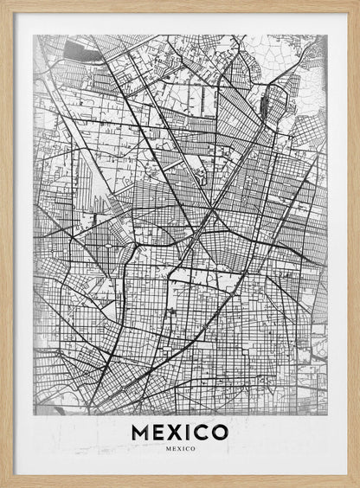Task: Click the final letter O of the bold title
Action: pos(221,431)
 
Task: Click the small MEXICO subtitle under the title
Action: pos(180,448)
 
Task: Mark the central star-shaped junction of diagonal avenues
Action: pos(211,209)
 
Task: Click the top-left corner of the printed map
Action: pos(33,35)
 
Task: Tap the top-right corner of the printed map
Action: pos(327,35)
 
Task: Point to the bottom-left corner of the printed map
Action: pos(33,414)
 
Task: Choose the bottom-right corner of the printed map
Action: pos(327,414)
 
